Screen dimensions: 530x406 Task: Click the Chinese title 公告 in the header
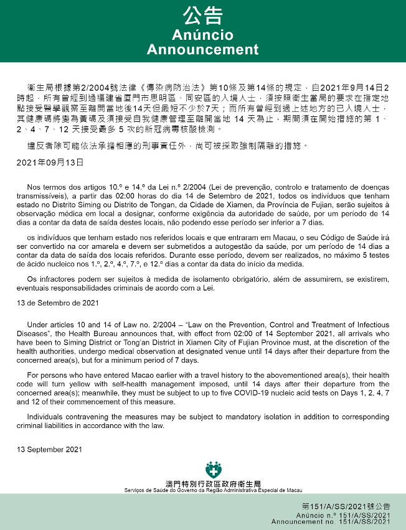[x=202, y=15]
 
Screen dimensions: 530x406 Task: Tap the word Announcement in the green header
[x=202, y=50]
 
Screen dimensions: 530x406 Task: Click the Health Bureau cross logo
[x=213, y=470]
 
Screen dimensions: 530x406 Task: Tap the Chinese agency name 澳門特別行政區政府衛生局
[x=213, y=483]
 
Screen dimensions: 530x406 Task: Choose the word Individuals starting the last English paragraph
[x=47, y=417]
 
